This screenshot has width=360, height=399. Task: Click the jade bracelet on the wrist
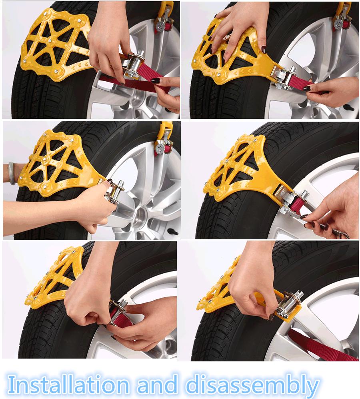(x=12, y=173)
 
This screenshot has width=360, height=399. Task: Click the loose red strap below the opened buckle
(x=320, y=344)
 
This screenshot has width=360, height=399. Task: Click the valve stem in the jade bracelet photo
(x=172, y=231)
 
